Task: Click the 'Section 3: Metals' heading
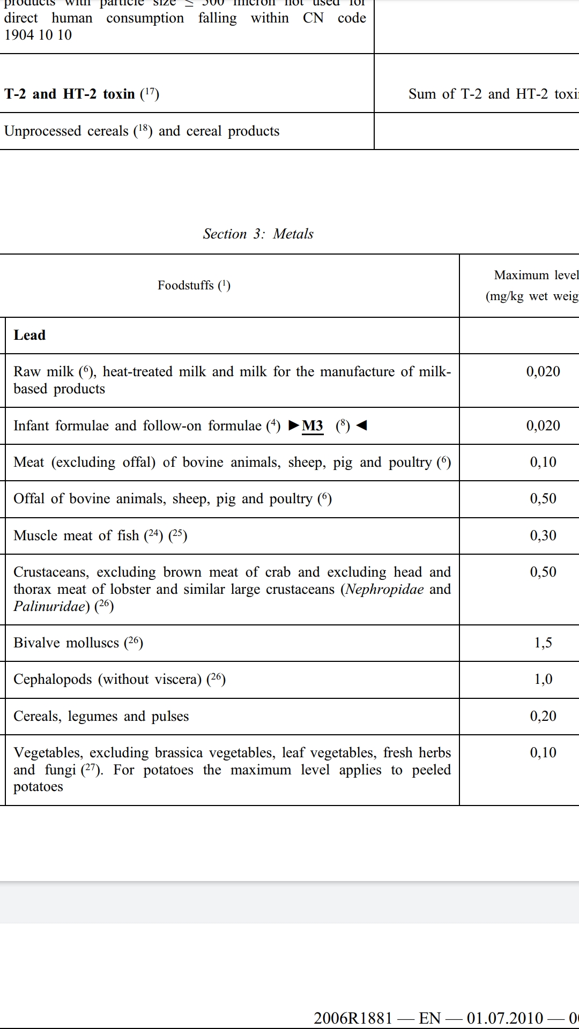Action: pyautogui.click(x=258, y=234)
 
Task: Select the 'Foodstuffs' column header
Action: pyautogui.click(x=194, y=285)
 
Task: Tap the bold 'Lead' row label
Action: pyautogui.click(x=29, y=335)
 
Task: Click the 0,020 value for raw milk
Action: pyautogui.click(x=543, y=371)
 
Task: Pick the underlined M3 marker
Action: pyautogui.click(x=313, y=426)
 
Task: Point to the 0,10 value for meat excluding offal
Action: pyautogui.click(x=543, y=462)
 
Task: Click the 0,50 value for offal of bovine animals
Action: pyautogui.click(x=543, y=498)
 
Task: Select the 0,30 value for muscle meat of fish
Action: pyautogui.click(x=543, y=535)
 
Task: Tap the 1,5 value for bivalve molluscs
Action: pyautogui.click(x=543, y=643)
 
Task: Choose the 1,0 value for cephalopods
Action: pyautogui.click(x=543, y=679)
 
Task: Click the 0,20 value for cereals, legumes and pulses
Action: pyautogui.click(x=543, y=716)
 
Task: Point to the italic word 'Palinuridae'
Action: pyautogui.click(x=49, y=606)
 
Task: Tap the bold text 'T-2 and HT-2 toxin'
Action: pyautogui.click(x=70, y=94)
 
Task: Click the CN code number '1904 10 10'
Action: pyautogui.click(x=38, y=35)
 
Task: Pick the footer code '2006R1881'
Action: pyautogui.click(x=353, y=1018)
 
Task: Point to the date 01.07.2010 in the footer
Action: pyautogui.click(x=504, y=1018)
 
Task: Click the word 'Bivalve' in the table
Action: pyautogui.click(x=36, y=643)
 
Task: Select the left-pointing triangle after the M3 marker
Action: pyautogui.click(x=362, y=426)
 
